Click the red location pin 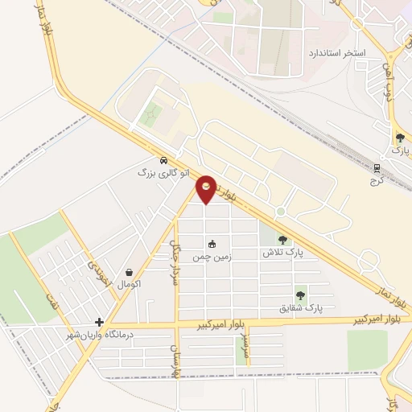click(207, 188)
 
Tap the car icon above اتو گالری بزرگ click(163, 160)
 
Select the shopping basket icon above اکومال click(130, 272)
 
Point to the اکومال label click(130, 284)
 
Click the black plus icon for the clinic click(99, 322)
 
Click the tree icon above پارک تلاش click(282, 239)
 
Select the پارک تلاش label click(282, 252)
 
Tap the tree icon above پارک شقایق click(300, 295)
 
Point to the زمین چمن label click(208, 257)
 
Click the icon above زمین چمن click(212, 245)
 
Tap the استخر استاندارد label click(337, 53)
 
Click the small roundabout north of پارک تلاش click(280, 212)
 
